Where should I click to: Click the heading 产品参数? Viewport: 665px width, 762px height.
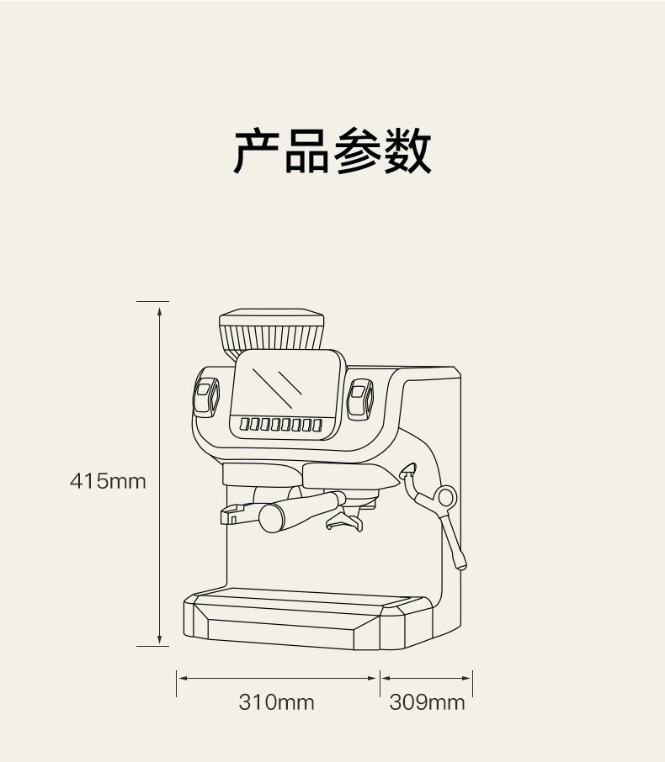tap(332, 152)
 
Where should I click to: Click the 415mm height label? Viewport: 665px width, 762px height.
tap(108, 482)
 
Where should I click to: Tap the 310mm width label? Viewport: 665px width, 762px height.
tap(276, 701)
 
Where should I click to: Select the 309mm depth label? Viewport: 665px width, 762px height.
tap(427, 701)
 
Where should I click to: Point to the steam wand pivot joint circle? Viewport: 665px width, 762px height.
tap(446, 496)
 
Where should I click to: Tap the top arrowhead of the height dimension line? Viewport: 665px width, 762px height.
tap(159, 309)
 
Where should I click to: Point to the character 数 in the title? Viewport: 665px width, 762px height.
tap(407, 152)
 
